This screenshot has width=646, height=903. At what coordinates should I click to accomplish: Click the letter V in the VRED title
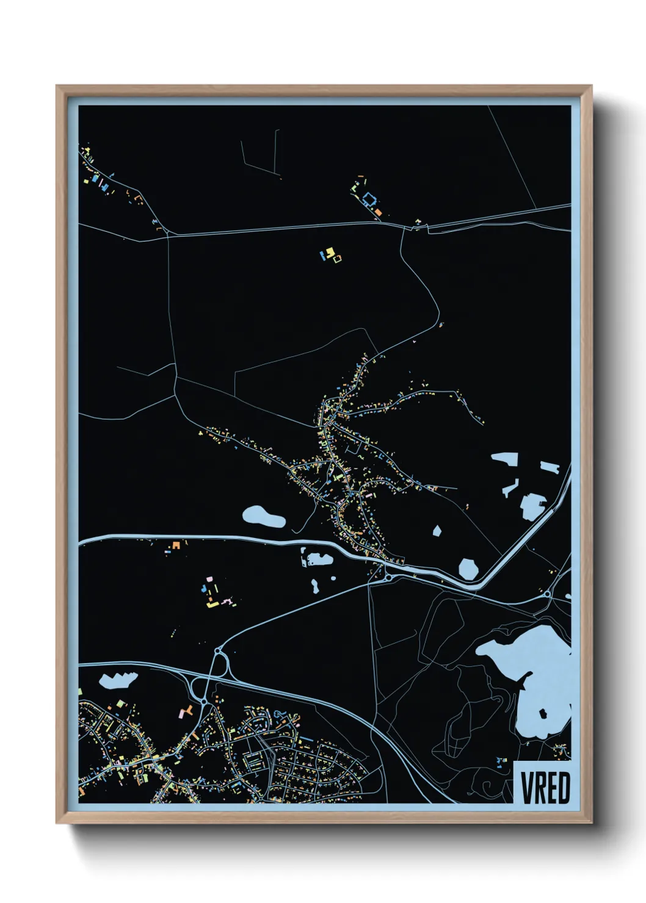528,788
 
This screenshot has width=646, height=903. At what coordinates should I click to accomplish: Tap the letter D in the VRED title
564,788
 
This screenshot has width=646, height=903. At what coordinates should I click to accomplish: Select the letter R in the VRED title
539,788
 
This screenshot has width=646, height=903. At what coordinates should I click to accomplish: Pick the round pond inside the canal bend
468,569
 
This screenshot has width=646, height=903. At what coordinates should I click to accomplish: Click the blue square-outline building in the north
369,199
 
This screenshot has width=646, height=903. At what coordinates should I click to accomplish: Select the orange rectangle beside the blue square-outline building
379,212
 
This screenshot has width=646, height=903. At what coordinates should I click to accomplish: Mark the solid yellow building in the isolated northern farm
330,251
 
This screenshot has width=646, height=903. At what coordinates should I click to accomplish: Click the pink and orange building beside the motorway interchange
186,711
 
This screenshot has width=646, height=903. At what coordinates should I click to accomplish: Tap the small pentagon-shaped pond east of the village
437,531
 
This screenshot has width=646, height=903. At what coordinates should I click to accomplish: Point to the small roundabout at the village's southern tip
387,577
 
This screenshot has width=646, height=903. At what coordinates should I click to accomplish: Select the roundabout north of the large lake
548,593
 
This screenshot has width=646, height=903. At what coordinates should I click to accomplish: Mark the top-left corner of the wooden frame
57,86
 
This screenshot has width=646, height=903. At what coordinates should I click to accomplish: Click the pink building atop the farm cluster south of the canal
209,578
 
